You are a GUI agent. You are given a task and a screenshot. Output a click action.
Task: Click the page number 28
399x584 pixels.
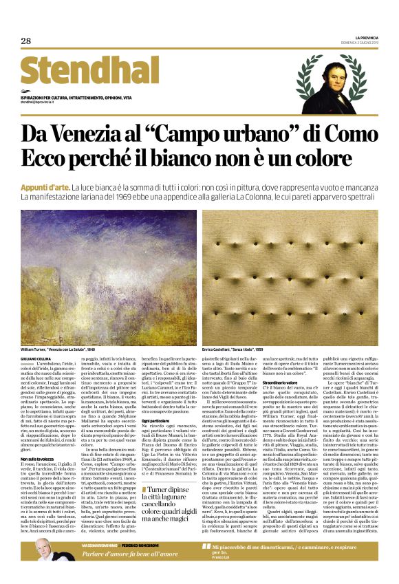pyautogui.click(x=25, y=41)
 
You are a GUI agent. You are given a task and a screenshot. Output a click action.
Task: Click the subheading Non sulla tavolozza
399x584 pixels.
pyautogui.click(x=38, y=457)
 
